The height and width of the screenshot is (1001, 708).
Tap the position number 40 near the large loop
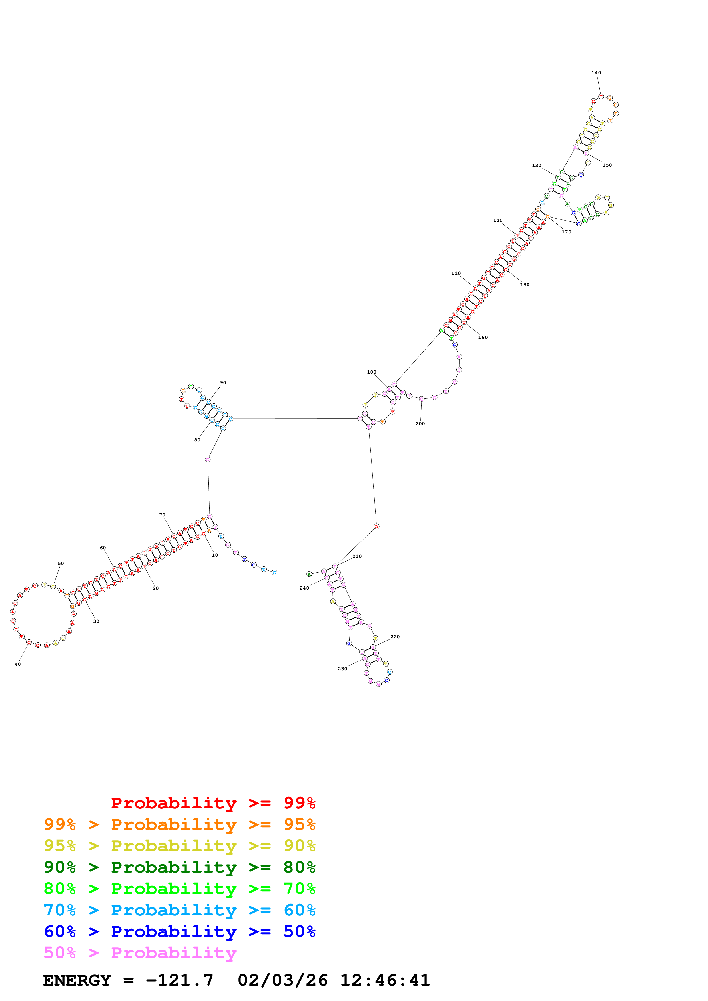[17, 664]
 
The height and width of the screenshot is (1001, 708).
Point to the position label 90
[223, 382]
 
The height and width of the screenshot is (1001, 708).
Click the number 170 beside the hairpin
[566, 232]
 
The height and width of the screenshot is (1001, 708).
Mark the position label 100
[371, 372]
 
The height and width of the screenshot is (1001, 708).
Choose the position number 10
[214, 555]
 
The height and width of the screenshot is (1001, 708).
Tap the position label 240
[304, 588]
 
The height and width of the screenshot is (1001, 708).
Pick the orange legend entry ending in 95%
[179, 824]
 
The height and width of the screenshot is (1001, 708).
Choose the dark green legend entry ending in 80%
[179, 867]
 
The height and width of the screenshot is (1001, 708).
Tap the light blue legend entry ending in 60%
[179, 910]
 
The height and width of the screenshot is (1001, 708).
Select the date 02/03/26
[283, 980]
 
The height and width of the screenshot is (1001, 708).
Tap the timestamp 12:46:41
[385, 980]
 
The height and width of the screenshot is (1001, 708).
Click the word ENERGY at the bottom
[77, 980]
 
